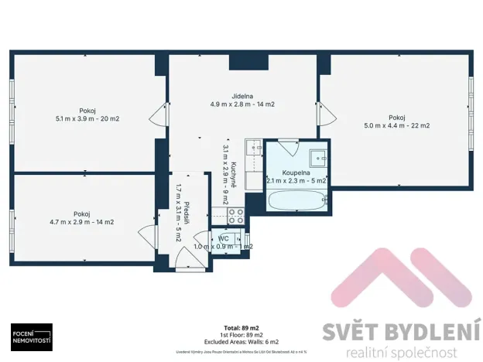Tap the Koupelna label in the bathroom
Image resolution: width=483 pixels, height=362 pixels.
pyautogui.click(x=296, y=172)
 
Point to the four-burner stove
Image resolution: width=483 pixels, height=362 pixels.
pyautogui.click(x=236, y=216)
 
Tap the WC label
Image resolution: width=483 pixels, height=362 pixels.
pyautogui.click(x=223, y=238)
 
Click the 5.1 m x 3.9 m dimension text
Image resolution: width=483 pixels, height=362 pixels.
pyautogui.click(x=87, y=119)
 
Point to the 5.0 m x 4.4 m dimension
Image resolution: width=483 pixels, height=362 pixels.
pyautogui.click(x=397, y=125)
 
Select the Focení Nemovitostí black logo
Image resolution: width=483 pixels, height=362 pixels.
pyautogui.click(x=31, y=336)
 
